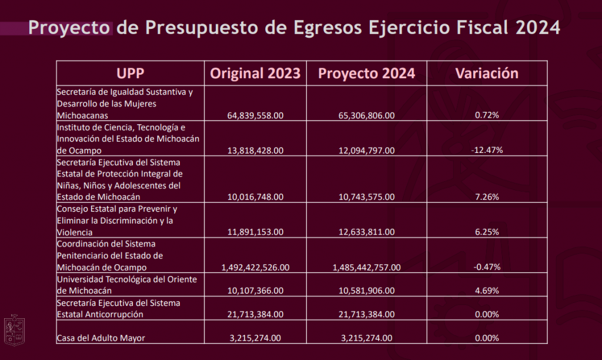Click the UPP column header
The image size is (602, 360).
[130, 74]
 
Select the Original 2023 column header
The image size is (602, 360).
[255, 74]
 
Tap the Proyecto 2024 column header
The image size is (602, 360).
[366, 74]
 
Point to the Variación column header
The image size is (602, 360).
[487, 74]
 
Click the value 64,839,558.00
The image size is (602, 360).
[255, 116]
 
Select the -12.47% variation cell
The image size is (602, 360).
[487, 151]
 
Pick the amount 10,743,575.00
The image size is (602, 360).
[366, 197]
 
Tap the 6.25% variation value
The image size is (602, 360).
[487, 232]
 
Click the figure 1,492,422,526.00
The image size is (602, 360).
[255, 268]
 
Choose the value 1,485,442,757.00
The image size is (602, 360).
[366, 268]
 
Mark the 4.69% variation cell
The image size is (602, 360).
[487, 291]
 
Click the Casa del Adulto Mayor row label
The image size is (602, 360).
[101, 338]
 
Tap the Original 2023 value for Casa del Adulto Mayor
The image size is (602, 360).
[255, 338]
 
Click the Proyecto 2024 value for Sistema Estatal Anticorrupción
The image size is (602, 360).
[366, 314]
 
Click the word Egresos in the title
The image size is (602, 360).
[320, 28]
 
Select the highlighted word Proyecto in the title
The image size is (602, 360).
[69, 28]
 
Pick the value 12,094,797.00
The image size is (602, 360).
[366, 151]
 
